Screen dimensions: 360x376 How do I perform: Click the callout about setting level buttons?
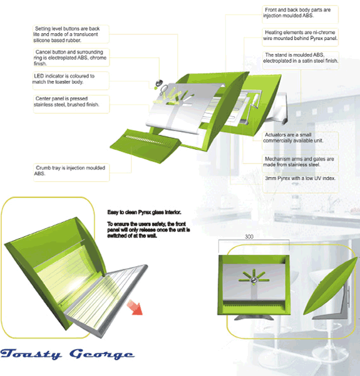click(x=66, y=34)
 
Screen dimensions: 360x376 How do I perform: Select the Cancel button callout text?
click(x=70, y=58)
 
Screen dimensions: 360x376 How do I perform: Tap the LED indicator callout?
click(x=64, y=79)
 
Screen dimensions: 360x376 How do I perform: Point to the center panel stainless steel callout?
click(x=66, y=102)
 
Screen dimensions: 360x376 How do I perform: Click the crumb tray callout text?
click(x=69, y=170)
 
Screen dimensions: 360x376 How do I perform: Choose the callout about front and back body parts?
click(x=297, y=13)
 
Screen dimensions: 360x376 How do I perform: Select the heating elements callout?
click(x=300, y=35)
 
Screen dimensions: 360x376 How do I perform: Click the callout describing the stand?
click(x=301, y=58)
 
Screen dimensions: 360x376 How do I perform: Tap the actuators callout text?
click(x=293, y=138)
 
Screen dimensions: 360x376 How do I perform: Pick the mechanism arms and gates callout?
click(x=299, y=162)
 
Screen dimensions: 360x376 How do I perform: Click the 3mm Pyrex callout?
click(x=300, y=179)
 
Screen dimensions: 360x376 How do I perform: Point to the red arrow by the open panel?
click(x=135, y=307)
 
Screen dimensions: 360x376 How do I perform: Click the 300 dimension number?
click(x=249, y=237)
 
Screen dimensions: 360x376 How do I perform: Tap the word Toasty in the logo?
click(x=31, y=354)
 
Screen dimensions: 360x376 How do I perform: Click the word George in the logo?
click(x=102, y=354)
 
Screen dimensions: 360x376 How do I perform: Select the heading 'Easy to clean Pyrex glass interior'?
click(x=144, y=212)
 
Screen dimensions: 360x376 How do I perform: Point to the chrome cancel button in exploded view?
click(x=158, y=83)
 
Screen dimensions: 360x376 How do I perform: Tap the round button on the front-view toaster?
click(x=254, y=280)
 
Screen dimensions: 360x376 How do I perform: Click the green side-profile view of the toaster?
click(x=331, y=286)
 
